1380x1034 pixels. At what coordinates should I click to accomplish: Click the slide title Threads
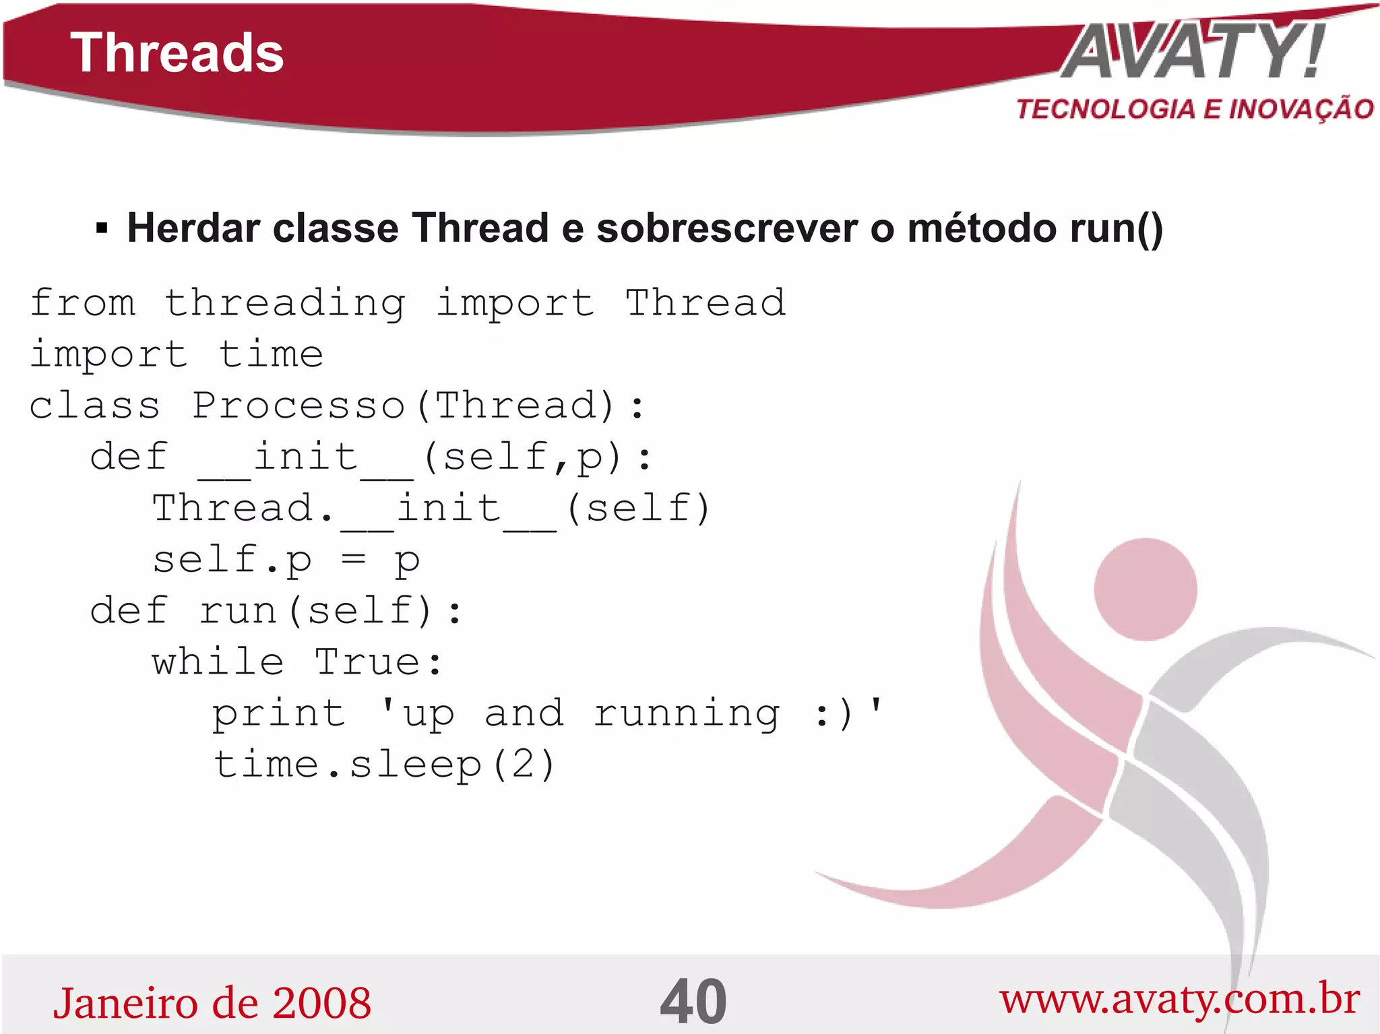point(177,53)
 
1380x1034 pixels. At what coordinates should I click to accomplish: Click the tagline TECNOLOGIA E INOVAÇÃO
point(1195,109)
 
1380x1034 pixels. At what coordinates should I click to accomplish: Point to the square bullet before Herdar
point(102,229)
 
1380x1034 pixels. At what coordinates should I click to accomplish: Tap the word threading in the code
point(285,303)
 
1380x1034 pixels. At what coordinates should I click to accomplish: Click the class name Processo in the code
point(299,406)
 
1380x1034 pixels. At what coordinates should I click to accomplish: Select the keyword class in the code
point(95,406)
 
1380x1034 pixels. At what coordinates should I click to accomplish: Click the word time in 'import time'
point(271,354)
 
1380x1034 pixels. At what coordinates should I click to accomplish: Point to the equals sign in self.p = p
point(354,559)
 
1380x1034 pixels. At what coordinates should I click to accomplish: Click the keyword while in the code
point(218,661)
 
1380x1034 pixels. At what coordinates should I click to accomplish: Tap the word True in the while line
point(369,661)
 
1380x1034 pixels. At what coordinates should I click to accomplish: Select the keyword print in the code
point(278,713)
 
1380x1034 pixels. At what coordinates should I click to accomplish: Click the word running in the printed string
point(687,715)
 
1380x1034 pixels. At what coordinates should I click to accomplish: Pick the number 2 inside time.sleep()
point(522,765)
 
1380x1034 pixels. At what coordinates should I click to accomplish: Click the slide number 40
point(693,1002)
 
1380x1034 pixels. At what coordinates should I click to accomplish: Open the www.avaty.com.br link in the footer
point(1179,1000)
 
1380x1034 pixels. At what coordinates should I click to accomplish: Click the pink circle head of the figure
point(1145,589)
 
